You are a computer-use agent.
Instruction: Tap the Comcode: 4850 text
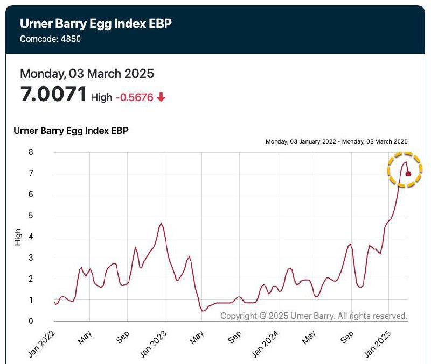tap(50, 39)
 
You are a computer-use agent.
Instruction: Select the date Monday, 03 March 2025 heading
tap(87, 74)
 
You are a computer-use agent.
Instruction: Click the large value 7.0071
tap(53, 95)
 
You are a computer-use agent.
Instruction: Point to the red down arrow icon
tap(161, 97)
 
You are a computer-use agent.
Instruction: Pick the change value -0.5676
tap(134, 97)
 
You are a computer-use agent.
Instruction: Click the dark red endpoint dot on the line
tap(408, 174)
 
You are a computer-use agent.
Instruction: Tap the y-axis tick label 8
tap(31, 153)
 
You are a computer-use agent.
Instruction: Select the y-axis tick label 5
tap(31, 216)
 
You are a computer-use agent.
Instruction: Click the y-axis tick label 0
tap(31, 321)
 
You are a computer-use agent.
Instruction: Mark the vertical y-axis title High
tap(18, 237)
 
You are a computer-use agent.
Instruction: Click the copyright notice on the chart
tap(314, 316)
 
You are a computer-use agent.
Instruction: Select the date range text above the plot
tap(337, 141)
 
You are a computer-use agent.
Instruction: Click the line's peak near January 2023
tap(161, 223)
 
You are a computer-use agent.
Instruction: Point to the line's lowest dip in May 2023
tap(203, 311)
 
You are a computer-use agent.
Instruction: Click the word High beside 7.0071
tap(102, 97)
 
